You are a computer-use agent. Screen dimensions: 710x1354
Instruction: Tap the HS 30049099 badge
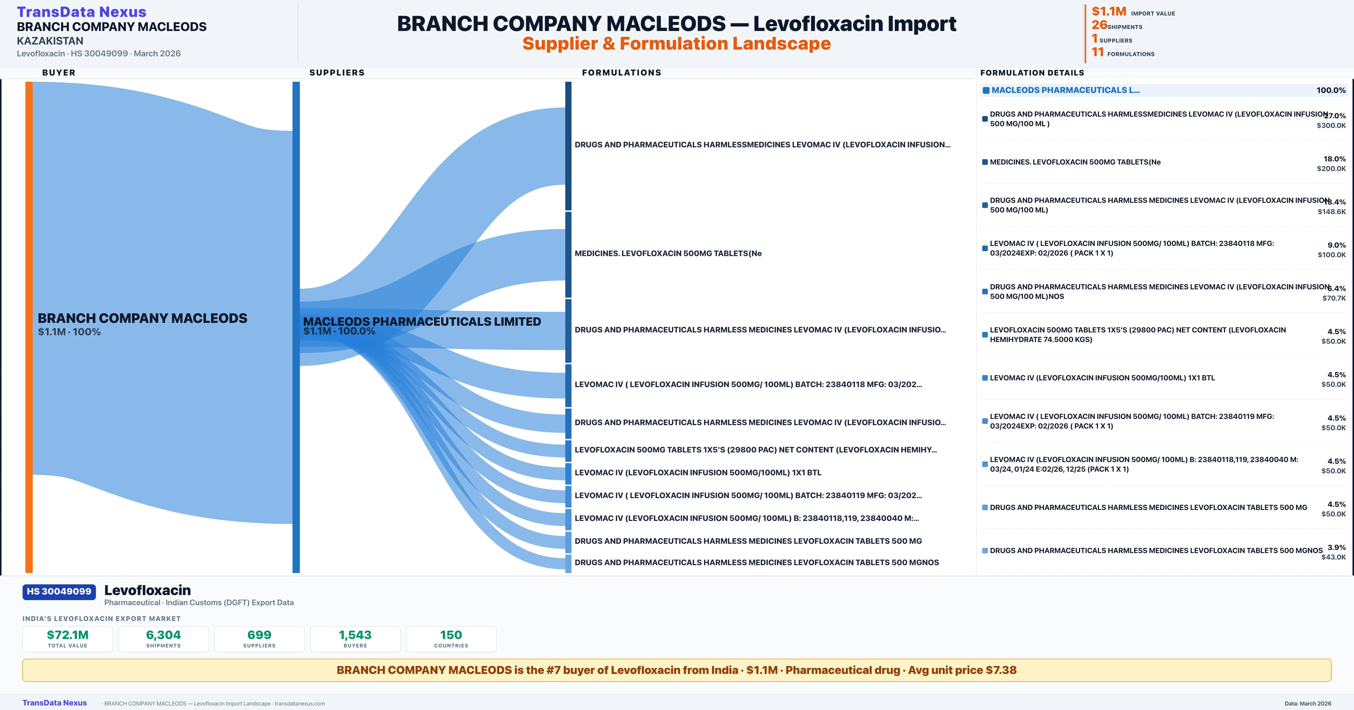click(59, 591)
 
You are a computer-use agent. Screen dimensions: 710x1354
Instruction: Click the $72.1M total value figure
click(68, 635)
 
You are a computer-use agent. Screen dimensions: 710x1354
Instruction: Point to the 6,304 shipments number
click(164, 635)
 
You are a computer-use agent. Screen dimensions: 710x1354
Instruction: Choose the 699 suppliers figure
click(259, 635)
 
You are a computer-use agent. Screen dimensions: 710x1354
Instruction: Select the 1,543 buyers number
click(355, 635)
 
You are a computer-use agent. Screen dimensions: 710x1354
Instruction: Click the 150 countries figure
click(451, 635)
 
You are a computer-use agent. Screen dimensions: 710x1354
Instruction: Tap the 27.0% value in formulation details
click(1335, 116)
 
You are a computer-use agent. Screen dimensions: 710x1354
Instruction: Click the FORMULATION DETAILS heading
click(1032, 72)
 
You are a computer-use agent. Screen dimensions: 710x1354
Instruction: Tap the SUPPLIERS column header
click(337, 72)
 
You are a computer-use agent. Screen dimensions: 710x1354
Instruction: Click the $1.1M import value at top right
click(1109, 12)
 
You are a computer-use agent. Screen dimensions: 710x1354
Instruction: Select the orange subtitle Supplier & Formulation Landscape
click(676, 44)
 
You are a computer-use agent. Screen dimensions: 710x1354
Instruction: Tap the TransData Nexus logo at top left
click(82, 12)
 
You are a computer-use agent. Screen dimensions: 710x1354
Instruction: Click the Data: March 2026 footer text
click(1308, 703)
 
